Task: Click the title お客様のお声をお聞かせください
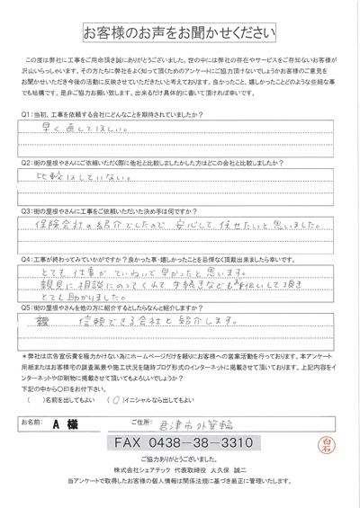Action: coord(180,33)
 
